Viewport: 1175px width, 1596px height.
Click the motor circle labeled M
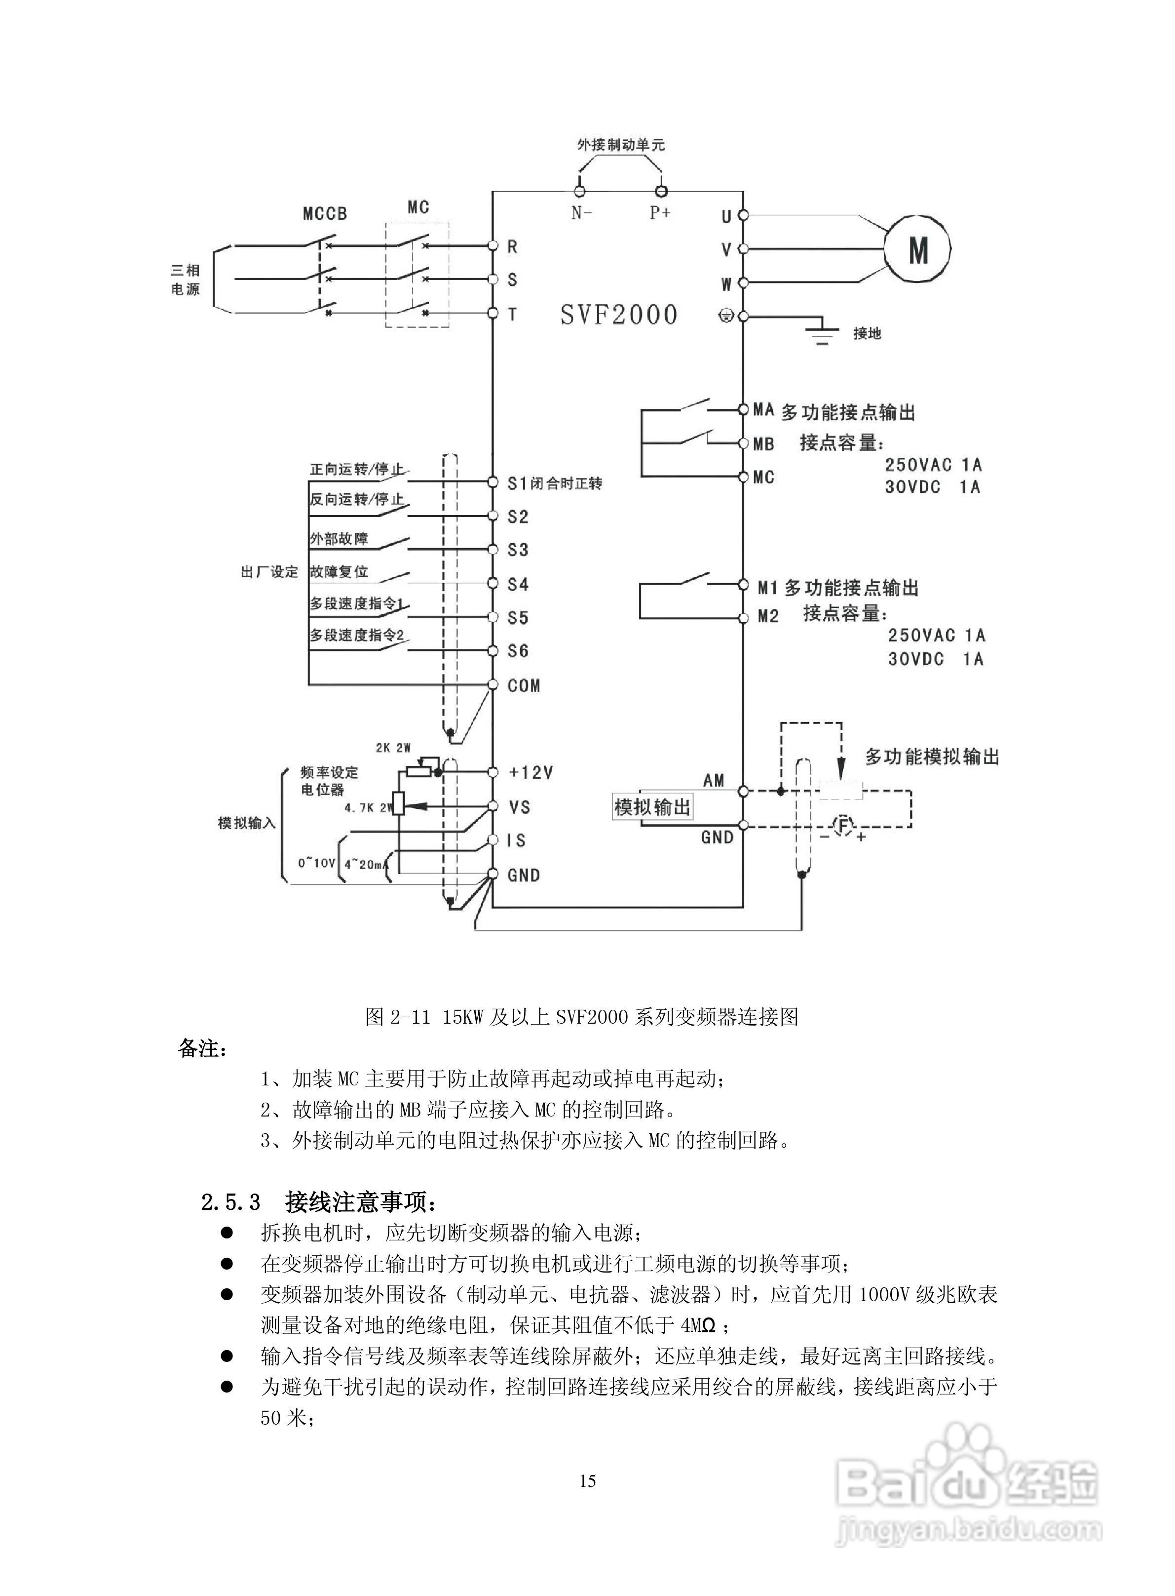[x=917, y=250]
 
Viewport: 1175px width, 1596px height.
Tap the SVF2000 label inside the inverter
[x=619, y=315]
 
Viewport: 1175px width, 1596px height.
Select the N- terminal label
[x=582, y=212]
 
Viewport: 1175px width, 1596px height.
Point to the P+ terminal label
[x=660, y=212]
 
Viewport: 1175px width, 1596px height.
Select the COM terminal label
[x=524, y=686]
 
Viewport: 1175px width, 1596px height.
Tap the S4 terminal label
[x=518, y=585]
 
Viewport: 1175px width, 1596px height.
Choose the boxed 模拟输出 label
[x=652, y=807]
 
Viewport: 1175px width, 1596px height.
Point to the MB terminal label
[x=764, y=444]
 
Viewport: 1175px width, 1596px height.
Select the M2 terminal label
[x=768, y=616]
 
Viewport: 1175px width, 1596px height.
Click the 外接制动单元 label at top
[x=621, y=145]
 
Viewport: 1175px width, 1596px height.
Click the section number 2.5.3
[x=231, y=1202]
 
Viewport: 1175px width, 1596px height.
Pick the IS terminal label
[x=516, y=840]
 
